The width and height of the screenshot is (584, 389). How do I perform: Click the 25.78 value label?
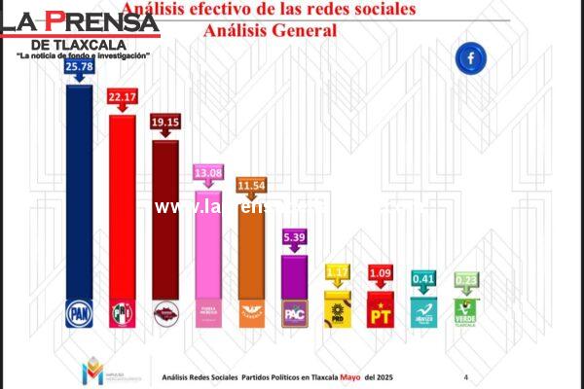pyautogui.click(x=78, y=67)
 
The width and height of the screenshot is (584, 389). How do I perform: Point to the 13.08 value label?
pyautogui.click(x=209, y=173)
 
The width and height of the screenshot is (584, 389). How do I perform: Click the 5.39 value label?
pyautogui.click(x=295, y=236)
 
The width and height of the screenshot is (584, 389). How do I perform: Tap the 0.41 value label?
pyautogui.click(x=423, y=278)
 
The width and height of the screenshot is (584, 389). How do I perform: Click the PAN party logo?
pyautogui.click(x=78, y=312)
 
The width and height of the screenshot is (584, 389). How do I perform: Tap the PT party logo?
pyautogui.click(x=381, y=311)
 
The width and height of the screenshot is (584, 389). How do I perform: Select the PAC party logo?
pyautogui.click(x=295, y=312)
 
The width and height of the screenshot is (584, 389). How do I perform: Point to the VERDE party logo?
pyautogui.click(x=466, y=311)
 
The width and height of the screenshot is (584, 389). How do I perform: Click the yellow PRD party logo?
pyautogui.click(x=338, y=311)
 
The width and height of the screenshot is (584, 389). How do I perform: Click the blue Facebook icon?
pyautogui.click(x=470, y=58)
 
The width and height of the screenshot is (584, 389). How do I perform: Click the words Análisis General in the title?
pyautogui.click(x=270, y=30)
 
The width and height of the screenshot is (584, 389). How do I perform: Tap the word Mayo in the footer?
pyautogui.click(x=350, y=375)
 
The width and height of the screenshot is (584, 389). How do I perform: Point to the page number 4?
pyautogui.click(x=465, y=376)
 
